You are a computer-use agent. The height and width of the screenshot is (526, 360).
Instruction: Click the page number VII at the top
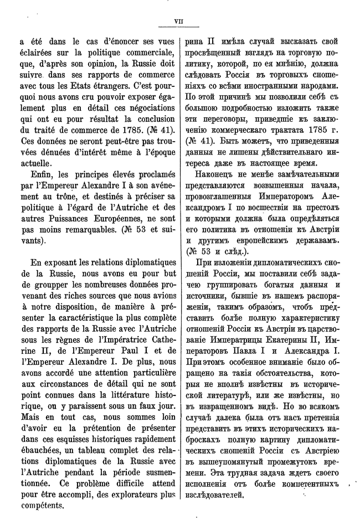[x=178, y=23]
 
